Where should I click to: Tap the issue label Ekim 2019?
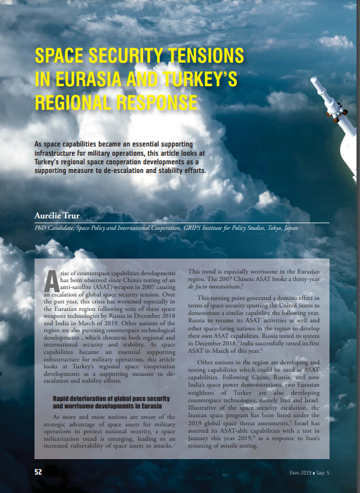[x=301, y=472]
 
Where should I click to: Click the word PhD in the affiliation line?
[x=40, y=228]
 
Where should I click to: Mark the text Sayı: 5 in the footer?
[x=325, y=472]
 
